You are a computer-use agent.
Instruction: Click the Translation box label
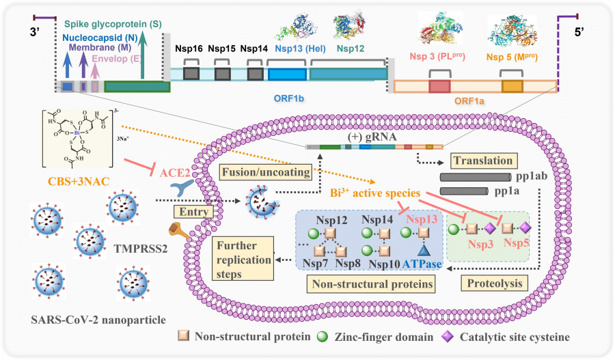482,161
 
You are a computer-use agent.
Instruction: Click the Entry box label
190,212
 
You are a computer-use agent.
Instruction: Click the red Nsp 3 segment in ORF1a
439,86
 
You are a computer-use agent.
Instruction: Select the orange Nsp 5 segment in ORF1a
512,86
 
